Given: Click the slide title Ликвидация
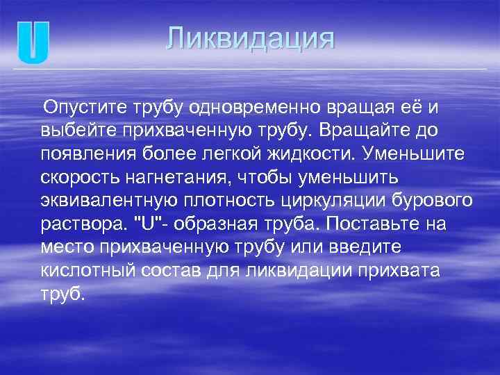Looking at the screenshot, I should [250, 38].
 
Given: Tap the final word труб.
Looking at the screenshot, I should [62, 292].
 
